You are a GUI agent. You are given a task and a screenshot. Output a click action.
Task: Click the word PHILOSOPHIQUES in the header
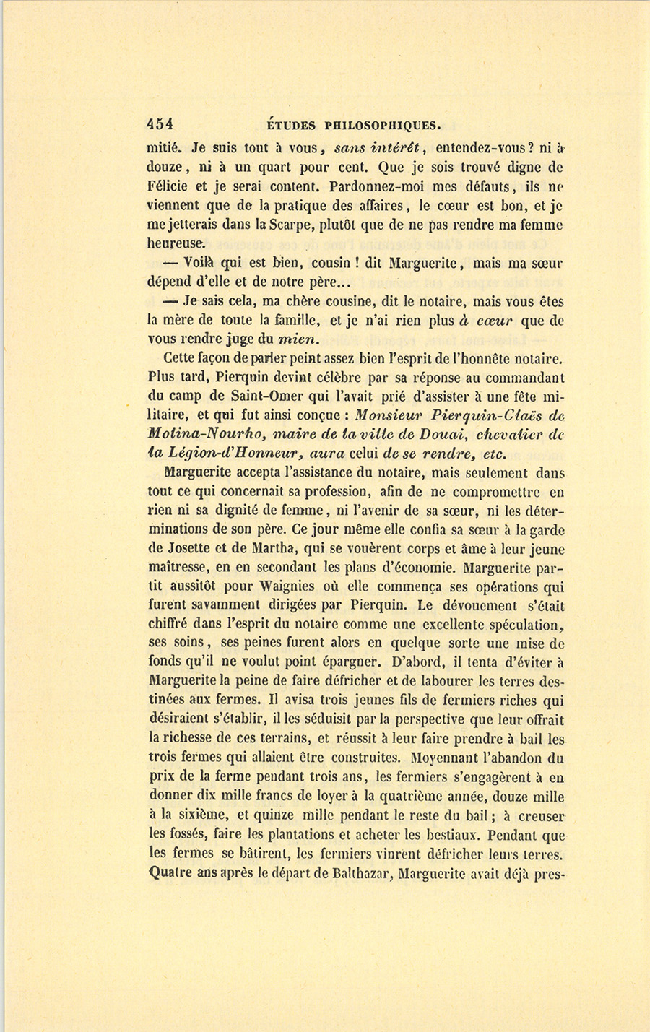(383, 124)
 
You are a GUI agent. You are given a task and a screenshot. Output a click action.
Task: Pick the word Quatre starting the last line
(171, 872)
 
